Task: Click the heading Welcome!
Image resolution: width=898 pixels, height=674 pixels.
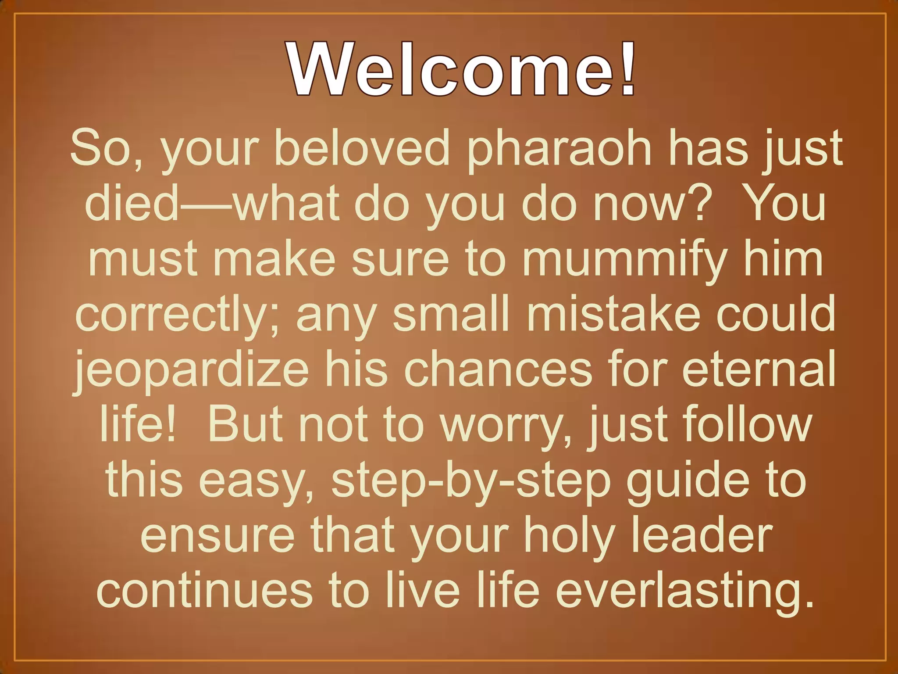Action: coord(461,69)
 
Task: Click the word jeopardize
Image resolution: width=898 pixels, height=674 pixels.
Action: coord(192,371)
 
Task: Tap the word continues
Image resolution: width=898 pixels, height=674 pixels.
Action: coord(204,591)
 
